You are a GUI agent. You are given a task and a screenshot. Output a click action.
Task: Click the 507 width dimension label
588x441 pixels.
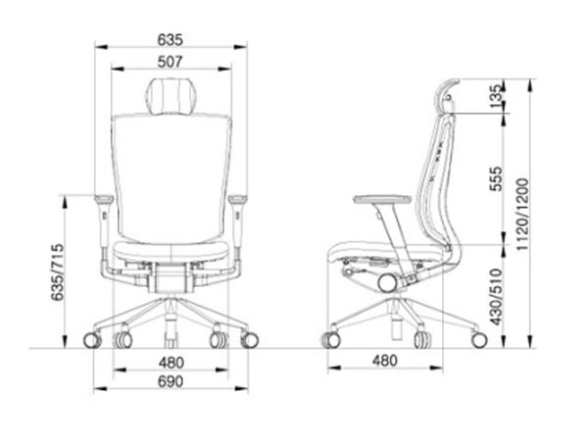(170, 62)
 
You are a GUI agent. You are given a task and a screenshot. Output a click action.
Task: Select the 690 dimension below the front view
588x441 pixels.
(171, 381)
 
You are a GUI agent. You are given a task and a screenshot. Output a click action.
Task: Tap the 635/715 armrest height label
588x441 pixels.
(58, 272)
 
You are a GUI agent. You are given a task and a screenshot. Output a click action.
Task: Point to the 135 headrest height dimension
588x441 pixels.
(495, 96)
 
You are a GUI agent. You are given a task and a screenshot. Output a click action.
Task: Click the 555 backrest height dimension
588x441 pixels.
(495, 179)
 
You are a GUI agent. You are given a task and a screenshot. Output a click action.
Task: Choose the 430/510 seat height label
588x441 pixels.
(496, 297)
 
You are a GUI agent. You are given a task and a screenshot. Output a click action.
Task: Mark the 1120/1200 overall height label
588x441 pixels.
(522, 214)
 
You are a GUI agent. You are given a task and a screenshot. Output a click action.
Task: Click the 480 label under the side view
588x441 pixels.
(385, 361)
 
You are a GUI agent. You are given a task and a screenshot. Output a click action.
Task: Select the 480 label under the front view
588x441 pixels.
(171, 363)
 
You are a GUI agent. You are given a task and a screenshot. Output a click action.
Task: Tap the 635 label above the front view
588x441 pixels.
(171, 40)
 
